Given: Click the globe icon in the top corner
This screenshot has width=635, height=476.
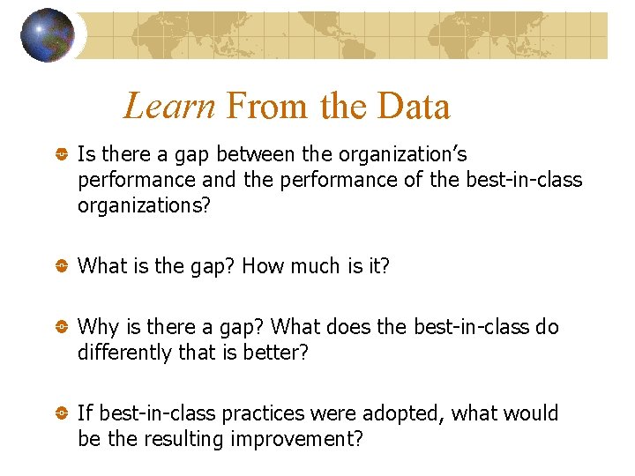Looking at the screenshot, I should point(48,35).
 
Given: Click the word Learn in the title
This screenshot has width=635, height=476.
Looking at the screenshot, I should point(169,107).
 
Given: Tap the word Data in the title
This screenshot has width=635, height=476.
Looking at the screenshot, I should point(414,107).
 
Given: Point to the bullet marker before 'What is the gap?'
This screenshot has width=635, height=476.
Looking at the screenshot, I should point(62,266).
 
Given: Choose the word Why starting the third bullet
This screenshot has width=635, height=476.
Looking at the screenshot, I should point(98,327).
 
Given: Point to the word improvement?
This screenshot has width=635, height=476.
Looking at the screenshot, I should point(296,439).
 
